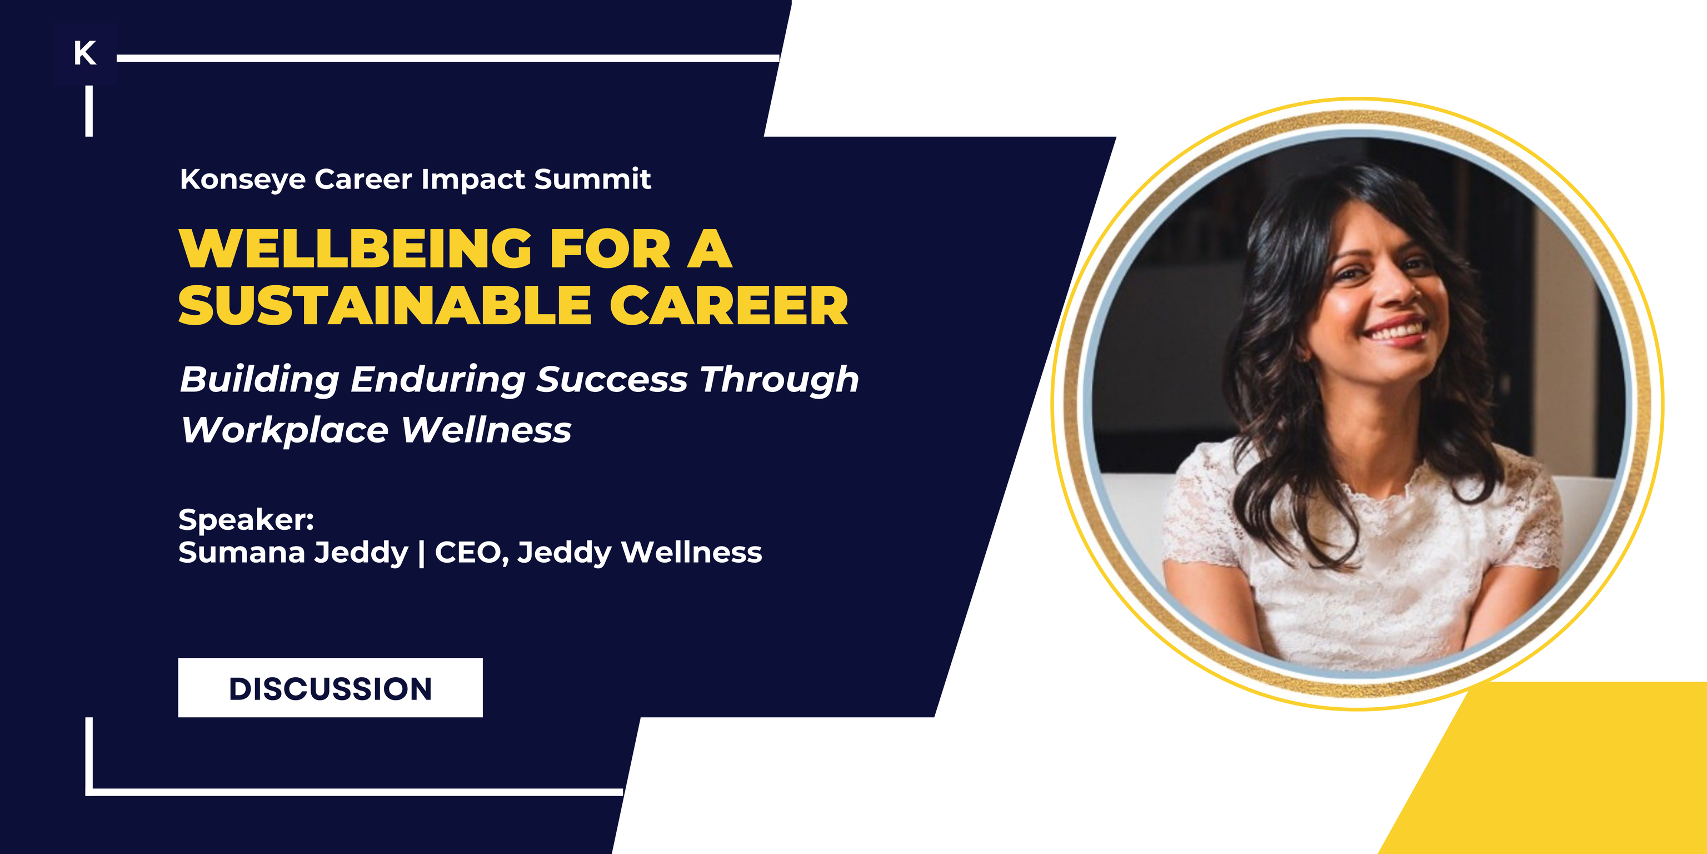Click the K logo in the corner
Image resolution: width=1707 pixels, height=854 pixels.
pyautogui.click(x=85, y=53)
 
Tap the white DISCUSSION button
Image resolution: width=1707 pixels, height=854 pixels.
pyautogui.click(x=330, y=688)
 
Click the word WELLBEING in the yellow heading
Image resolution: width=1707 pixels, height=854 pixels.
pyautogui.click(x=355, y=249)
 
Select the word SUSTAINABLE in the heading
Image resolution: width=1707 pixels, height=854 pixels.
pyautogui.click(x=385, y=306)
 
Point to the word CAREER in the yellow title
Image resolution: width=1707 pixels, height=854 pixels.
pyautogui.click(x=729, y=306)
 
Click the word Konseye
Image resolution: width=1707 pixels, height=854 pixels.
pyautogui.click(x=242, y=180)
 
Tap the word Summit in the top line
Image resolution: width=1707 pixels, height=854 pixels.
pyautogui.click(x=592, y=179)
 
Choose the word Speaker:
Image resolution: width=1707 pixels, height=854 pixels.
pyautogui.click(x=246, y=519)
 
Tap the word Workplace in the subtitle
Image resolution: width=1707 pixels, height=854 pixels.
pyautogui.click(x=285, y=431)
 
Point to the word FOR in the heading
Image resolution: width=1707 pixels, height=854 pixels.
pyautogui.click(x=610, y=249)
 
